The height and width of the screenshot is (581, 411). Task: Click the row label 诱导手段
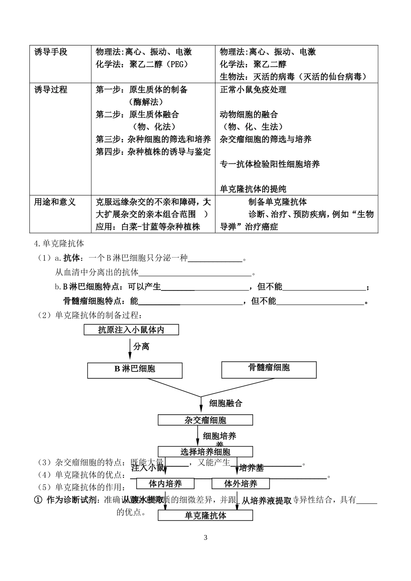[x=51, y=52]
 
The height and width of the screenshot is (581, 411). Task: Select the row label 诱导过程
[x=51, y=90]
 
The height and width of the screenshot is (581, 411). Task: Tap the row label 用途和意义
[x=55, y=202]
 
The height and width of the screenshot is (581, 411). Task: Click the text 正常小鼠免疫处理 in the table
[x=253, y=90]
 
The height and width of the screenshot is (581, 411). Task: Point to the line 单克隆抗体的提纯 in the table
[x=253, y=189]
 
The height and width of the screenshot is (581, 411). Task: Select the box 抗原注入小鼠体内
[x=131, y=330]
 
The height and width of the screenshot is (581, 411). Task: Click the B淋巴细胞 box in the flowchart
[x=135, y=369]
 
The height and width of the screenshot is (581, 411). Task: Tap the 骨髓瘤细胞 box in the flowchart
[x=269, y=368]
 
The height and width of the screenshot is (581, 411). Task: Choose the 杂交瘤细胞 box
[x=205, y=420]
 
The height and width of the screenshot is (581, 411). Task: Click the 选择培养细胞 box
[x=205, y=452]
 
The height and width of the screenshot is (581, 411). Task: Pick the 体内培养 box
[x=165, y=484]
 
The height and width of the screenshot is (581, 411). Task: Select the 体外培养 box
[x=241, y=484]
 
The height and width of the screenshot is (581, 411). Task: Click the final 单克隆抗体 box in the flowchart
[x=205, y=516]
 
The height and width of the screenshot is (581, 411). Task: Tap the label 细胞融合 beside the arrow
[x=226, y=403]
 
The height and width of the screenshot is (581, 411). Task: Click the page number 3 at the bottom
[x=205, y=538]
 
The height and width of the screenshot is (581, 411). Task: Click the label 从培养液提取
[x=266, y=501]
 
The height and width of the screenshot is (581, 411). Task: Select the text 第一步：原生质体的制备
[x=141, y=90]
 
